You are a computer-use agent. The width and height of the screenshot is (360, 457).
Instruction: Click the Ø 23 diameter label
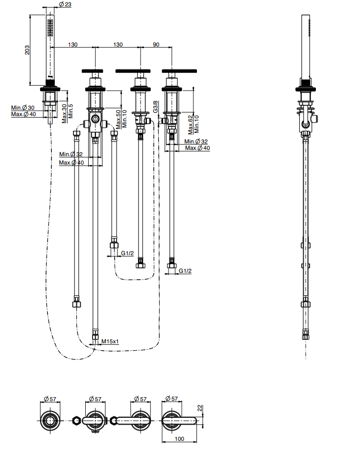coord(65,4)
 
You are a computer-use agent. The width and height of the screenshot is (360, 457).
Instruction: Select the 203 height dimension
coord(27,50)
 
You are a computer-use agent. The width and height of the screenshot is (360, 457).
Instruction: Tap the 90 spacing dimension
coord(156,45)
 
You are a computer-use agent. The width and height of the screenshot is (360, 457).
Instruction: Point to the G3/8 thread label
coord(156,107)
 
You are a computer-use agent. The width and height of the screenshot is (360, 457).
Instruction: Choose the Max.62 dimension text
coord(191,125)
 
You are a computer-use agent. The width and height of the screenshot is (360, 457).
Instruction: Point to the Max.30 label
coord(65,114)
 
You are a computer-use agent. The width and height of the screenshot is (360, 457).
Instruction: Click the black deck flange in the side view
coord(306,89)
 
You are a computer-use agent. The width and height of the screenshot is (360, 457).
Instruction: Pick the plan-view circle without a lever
coord(50,420)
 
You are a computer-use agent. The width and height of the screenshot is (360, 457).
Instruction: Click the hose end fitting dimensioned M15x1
coord(95,336)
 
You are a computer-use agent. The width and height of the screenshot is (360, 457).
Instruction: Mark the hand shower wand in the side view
coord(306,47)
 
